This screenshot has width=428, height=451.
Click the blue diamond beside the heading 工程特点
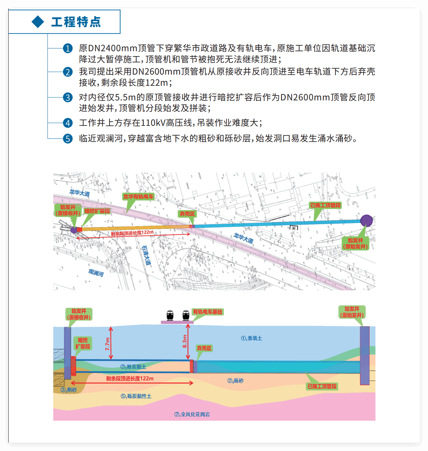(38, 22)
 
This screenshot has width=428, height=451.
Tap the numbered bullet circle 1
(68, 48)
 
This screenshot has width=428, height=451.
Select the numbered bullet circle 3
(68, 98)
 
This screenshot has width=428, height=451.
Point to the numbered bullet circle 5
(68, 139)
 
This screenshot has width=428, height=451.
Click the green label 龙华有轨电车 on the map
(138, 197)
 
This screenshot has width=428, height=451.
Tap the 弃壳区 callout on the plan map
(187, 214)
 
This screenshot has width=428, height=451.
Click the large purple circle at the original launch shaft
(366, 221)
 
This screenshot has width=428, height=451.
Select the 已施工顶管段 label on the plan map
(325, 205)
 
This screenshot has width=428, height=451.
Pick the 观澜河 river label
(96, 273)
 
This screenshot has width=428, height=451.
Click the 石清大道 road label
(146, 255)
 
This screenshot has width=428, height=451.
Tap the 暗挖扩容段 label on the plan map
(97, 211)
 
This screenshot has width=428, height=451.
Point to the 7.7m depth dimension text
(108, 344)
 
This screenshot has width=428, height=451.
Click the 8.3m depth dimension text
(185, 342)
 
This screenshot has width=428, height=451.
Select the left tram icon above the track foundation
(170, 315)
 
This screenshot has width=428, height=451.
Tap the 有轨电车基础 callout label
(207, 312)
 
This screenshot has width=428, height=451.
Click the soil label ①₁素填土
(252, 338)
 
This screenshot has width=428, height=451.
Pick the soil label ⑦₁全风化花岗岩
(192, 414)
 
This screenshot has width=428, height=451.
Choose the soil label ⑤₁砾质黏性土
(136, 396)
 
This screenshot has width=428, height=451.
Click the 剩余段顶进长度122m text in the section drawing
(130, 379)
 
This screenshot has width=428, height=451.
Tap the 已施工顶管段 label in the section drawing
(322, 386)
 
